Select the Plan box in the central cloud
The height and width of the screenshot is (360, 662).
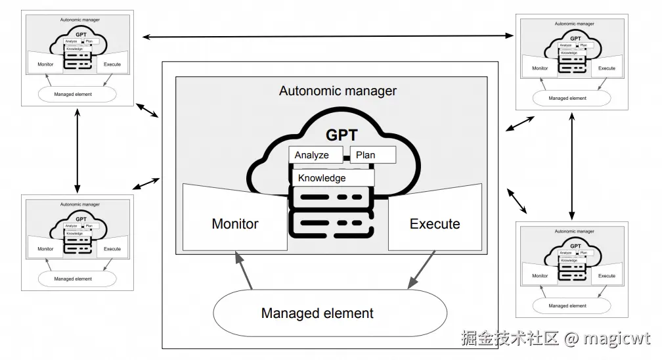(372, 155)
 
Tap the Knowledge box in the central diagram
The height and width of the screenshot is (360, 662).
(332, 177)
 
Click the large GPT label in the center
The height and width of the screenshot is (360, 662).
(342, 135)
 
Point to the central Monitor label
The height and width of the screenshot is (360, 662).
(235, 224)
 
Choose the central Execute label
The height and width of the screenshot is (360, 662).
(435, 224)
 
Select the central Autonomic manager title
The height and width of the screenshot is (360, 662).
(338, 91)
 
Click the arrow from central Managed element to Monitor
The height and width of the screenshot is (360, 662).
(243, 271)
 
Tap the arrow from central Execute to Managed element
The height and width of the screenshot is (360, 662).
(421, 270)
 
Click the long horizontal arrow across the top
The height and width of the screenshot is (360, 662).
(328, 36)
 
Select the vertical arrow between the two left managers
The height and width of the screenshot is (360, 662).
(78, 150)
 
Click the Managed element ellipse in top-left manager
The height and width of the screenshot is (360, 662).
(77, 94)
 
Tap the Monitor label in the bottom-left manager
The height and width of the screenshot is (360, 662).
(45, 249)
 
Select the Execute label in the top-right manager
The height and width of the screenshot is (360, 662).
(607, 68)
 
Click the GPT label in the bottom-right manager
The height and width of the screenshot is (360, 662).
(575, 246)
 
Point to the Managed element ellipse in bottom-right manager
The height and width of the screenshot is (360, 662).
(568, 305)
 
